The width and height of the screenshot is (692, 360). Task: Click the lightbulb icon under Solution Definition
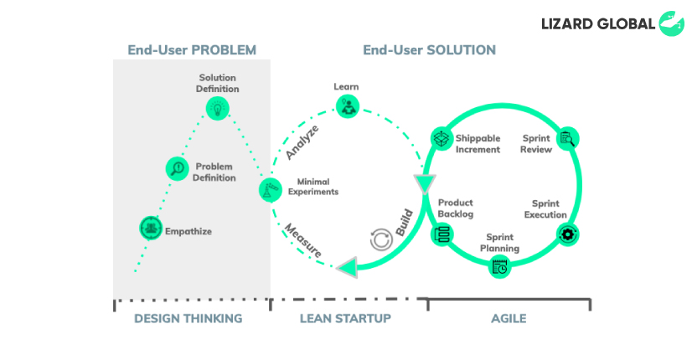click(218, 109)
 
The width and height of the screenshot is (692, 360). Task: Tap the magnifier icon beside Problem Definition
click(178, 168)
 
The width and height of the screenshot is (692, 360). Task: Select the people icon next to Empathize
click(151, 228)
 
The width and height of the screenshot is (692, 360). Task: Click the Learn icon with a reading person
click(348, 107)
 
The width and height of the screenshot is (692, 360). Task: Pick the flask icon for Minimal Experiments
click(271, 190)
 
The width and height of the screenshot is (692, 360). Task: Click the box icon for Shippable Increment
click(442, 139)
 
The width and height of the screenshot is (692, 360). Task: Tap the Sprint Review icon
click(567, 139)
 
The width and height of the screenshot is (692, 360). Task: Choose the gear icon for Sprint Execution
click(567, 234)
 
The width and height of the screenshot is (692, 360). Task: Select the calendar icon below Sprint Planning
click(499, 267)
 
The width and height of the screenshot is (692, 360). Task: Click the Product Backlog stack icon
click(442, 234)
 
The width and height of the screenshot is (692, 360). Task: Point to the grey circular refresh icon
click(381, 239)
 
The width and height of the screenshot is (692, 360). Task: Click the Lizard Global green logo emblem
click(672, 23)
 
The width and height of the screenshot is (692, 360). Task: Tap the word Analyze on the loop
click(302, 142)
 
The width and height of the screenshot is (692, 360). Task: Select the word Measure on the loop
click(302, 241)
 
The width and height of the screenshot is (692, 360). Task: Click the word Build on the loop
click(405, 223)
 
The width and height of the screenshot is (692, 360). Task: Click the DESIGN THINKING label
click(188, 318)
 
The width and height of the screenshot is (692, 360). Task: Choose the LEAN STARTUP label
click(345, 318)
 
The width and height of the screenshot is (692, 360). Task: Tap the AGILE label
click(509, 318)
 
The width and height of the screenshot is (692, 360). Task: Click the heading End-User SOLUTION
click(430, 50)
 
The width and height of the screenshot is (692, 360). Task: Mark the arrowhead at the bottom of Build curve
click(348, 267)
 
